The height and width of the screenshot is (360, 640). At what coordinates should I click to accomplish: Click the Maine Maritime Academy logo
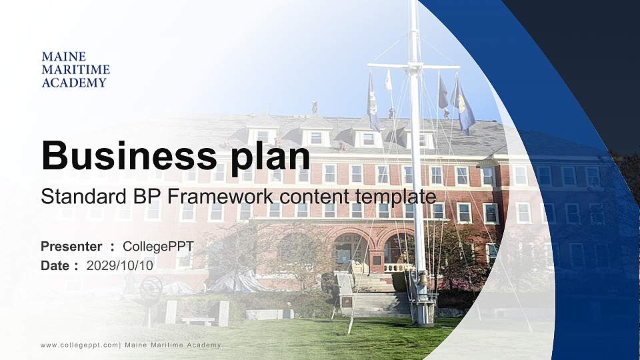[x=75, y=69]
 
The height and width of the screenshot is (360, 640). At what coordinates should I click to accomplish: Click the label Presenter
[x=71, y=247]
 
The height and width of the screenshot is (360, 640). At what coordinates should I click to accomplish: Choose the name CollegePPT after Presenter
[x=158, y=247]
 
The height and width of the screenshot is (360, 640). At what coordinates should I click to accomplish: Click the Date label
[x=55, y=265]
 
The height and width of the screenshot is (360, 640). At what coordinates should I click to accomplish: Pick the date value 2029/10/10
[x=120, y=265]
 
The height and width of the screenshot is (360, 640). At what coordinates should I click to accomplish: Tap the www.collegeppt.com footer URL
[x=79, y=345]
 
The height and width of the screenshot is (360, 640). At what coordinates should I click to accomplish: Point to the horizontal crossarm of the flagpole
[x=413, y=67]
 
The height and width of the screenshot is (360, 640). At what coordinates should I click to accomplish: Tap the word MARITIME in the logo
[x=75, y=69]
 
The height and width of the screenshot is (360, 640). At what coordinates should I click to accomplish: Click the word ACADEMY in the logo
[x=74, y=83]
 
